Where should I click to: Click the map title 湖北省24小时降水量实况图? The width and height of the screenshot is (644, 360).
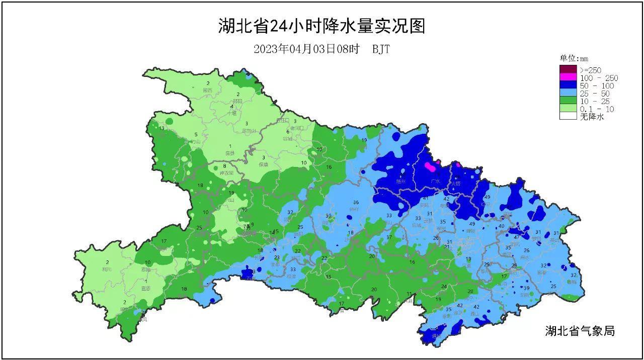(x=321, y=26)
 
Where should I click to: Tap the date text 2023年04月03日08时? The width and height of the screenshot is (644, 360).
(x=307, y=49)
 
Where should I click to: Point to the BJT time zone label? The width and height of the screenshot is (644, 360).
(x=381, y=49)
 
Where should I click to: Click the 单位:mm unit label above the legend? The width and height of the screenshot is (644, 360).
(x=574, y=58)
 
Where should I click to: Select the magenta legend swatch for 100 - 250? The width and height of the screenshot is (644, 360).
(x=568, y=78)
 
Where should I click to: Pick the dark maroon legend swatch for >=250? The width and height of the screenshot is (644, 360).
(x=568, y=69)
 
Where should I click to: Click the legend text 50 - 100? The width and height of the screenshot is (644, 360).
(x=597, y=86)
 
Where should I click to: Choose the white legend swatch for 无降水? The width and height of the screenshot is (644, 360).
(x=568, y=116)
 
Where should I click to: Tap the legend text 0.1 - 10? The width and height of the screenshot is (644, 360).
(x=597, y=109)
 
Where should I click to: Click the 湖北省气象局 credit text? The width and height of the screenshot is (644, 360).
(x=580, y=331)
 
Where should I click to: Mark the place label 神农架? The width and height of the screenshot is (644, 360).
(x=227, y=173)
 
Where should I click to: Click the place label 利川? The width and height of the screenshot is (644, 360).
(x=107, y=269)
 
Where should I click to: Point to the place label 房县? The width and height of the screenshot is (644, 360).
(x=230, y=153)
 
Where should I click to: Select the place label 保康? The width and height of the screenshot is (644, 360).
(x=264, y=164)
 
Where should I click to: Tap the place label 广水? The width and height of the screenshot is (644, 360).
(x=436, y=182)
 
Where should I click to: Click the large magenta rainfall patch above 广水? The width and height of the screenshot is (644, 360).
(x=430, y=166)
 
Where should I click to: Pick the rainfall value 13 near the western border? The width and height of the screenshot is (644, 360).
(x=162, y=128)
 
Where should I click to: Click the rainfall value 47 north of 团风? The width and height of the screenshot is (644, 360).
(x=517, y=237)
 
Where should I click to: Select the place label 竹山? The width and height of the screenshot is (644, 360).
(x=196, y=142)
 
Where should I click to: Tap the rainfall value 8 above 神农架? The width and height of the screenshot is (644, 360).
(x=225, y=166)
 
